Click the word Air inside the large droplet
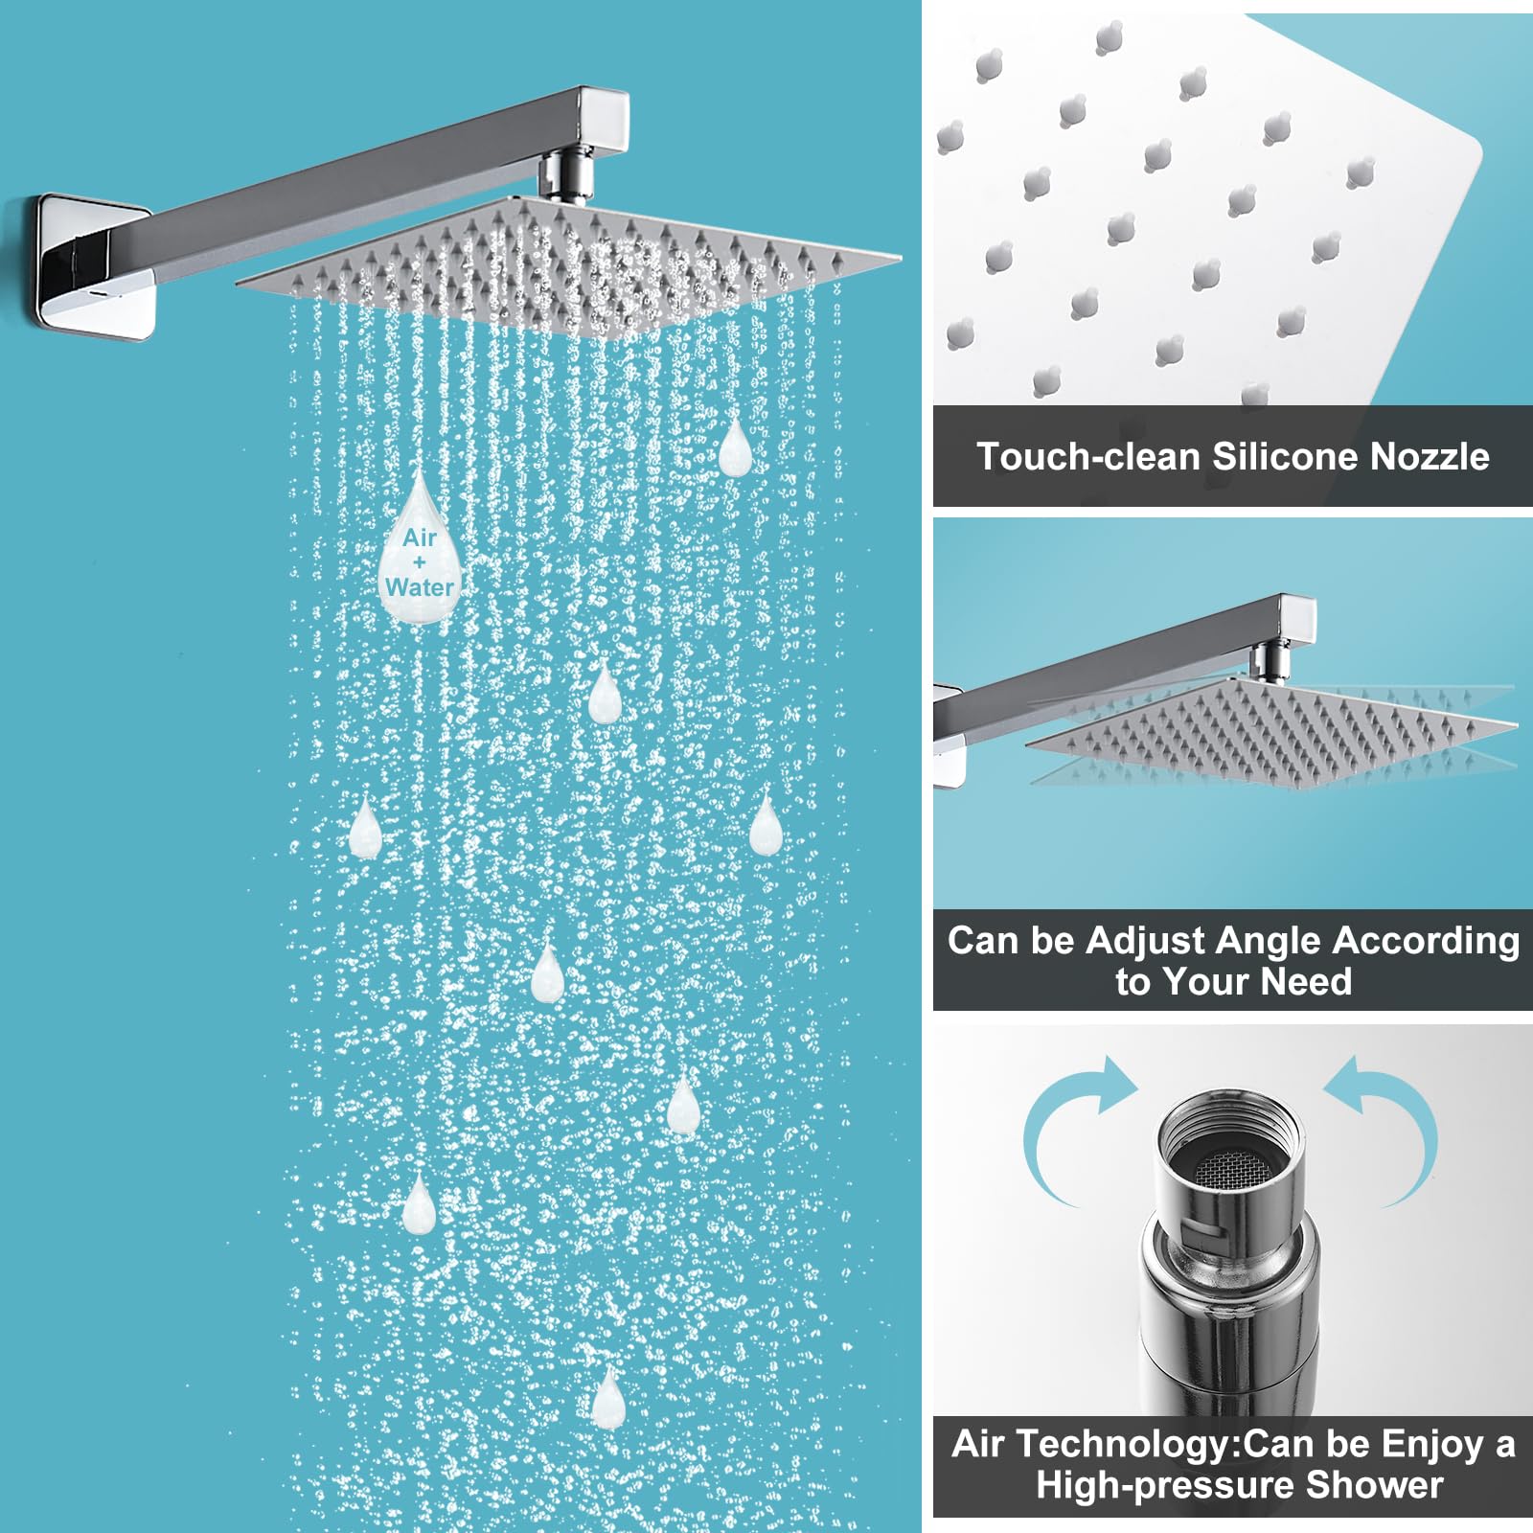[420, 538]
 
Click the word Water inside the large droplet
[420, 586]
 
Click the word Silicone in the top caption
[1270, 457]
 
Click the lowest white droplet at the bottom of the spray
[607, 1401]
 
